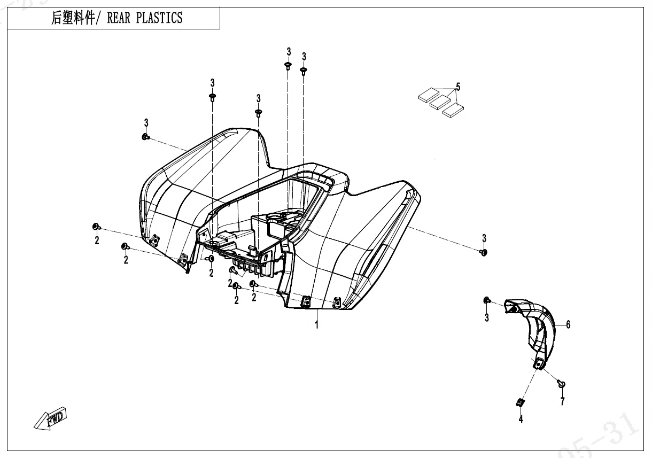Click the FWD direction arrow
coord(51,420)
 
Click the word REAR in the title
coord(119,18)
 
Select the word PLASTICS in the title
coord(159,18)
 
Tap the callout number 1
coord(316,324)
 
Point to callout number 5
coord(458,87)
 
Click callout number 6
coord(568,324)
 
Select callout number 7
coord(562,401)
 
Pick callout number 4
coord(521,420)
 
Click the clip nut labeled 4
coord(520,402)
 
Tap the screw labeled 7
coord(561,384)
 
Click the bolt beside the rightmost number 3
coord(484,252)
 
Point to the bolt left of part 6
coord(487,300)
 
